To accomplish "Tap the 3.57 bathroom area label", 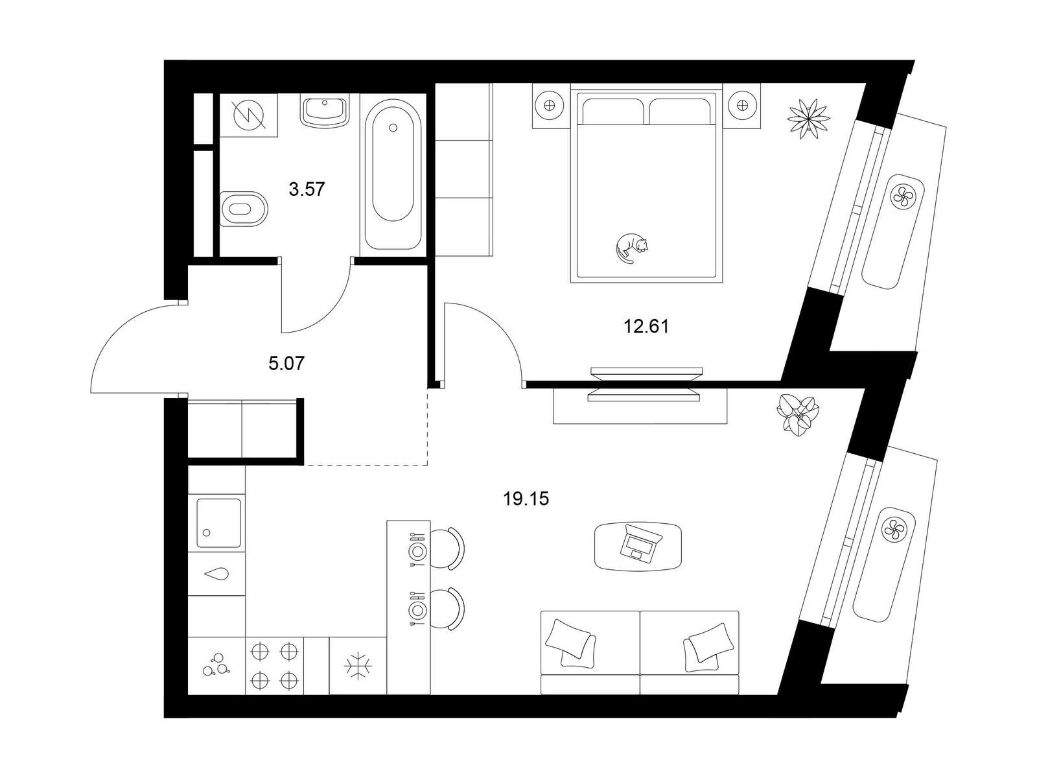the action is click(307, 189).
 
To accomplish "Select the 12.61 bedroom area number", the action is click(646, 326).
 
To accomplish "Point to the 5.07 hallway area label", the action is click(286, 364).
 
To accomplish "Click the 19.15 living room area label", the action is click(526, 499).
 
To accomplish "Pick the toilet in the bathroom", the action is click(244, 208).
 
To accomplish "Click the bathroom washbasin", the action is click(324, 112).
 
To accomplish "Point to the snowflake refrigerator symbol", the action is click(358, 666).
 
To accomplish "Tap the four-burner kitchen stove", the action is click(275, 666).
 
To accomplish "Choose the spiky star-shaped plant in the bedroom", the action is click(808, 119).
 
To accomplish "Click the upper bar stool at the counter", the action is click(449, 548).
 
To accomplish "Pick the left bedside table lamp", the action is click(549, 105).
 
